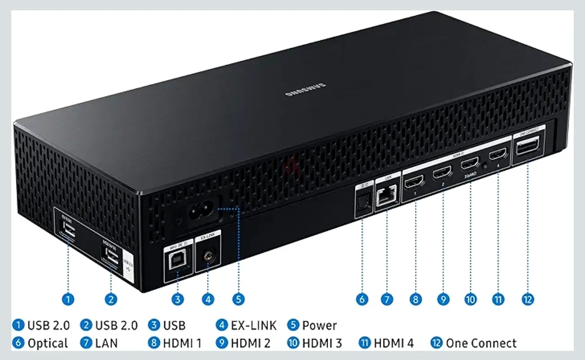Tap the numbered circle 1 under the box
(68, 299)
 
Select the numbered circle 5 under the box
(239, 299)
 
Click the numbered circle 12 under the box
(528, 299)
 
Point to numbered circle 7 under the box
(387, 299)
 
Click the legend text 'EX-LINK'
(254, 325)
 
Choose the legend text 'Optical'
(48, 343)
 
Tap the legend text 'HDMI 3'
(322, 343)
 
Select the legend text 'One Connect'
(481, 343)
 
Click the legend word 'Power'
(319, 325)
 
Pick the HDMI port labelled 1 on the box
(413, 183)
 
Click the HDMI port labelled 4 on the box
(497, 156)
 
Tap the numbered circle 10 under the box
(471, 299)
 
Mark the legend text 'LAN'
(106, 343)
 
